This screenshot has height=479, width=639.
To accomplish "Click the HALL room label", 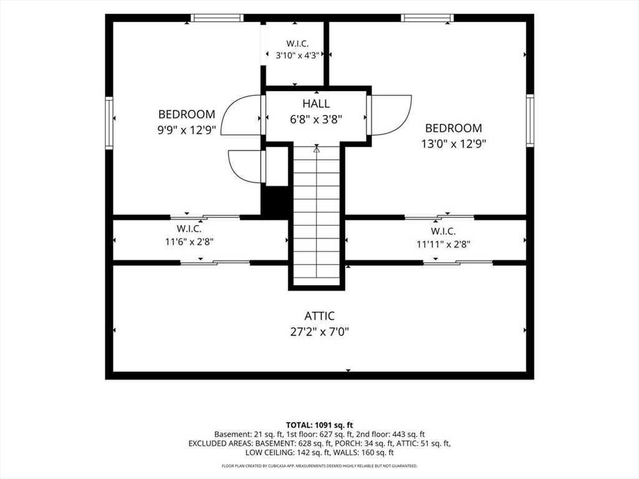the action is pos(316,104).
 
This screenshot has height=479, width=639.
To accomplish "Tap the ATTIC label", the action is pos(319,316).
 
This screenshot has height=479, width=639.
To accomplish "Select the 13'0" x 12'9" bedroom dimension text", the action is pos(454,144).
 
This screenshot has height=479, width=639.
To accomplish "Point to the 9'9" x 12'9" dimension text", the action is pos(187,130).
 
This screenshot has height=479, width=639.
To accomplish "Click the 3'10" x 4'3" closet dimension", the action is pos(297,56).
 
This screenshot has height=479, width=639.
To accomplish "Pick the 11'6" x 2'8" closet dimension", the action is pos(189,241).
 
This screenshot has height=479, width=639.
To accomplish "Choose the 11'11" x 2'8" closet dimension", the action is pos(444,244).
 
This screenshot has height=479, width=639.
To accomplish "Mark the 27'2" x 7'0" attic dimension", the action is pos(319,332).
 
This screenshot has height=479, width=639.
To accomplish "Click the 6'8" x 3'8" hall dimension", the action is pos(316,119).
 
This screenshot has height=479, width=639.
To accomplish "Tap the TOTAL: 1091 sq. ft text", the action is pos(319,425).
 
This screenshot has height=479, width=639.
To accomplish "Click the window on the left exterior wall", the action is pos(109,123).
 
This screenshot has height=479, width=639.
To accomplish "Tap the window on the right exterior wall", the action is pos(530,120).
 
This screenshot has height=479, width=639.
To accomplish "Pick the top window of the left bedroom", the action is pos(217,18).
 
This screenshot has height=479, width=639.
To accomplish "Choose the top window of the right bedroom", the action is pos(427,18).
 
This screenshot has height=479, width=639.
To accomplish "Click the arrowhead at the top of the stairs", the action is pos(316,150).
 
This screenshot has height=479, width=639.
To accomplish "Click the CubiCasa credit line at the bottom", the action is pos(319,465).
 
